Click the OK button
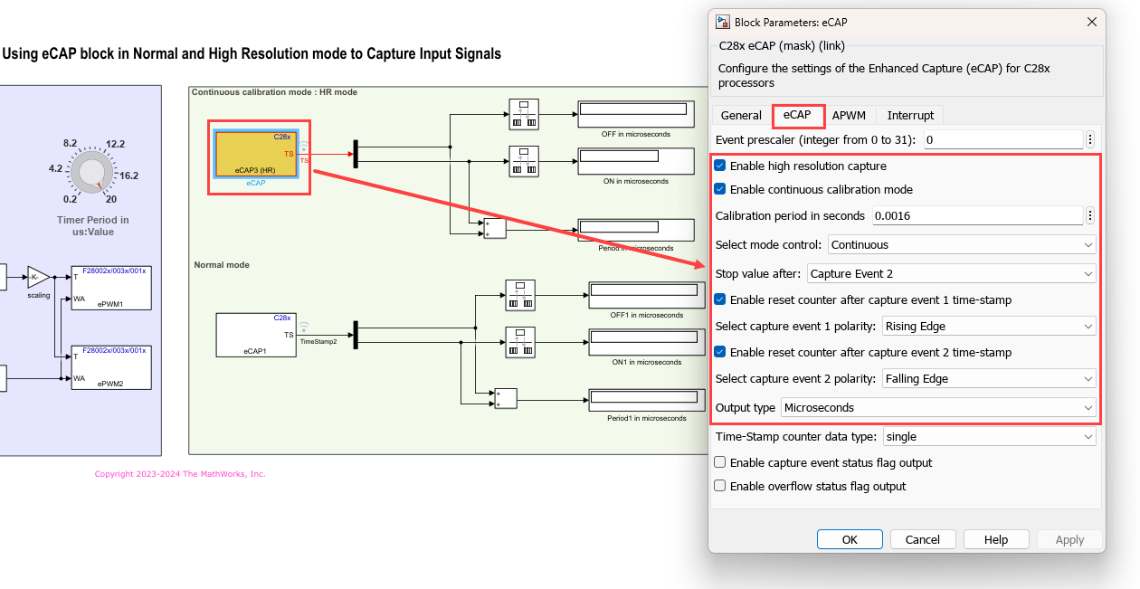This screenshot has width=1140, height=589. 849,539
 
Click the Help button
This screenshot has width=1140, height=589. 995,539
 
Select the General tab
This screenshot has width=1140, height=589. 741,115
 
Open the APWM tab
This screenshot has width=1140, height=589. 850,115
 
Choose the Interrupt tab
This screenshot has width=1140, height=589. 910,115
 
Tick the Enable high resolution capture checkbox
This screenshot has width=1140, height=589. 720,166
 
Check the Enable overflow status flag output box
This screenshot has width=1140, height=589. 720,486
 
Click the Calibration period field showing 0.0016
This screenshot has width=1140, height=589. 977,215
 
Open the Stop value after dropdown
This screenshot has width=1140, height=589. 951,273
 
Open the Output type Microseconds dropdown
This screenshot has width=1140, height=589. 938,407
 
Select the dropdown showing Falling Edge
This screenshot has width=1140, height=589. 988,378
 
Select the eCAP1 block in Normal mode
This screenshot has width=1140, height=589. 255,335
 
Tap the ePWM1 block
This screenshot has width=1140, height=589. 111,288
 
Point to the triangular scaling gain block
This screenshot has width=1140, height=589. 38,277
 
